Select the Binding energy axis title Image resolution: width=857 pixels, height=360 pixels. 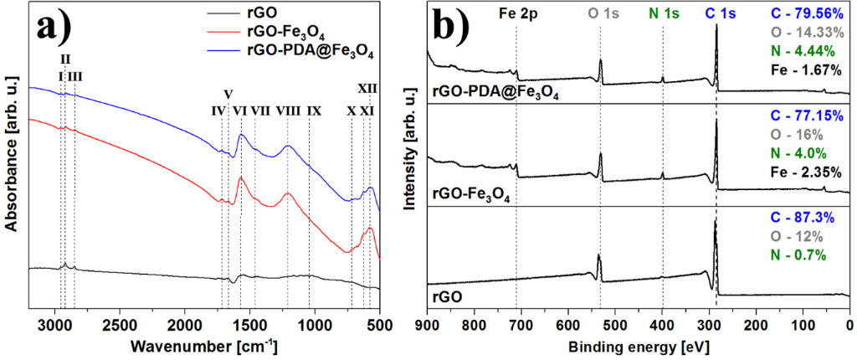(638, 347)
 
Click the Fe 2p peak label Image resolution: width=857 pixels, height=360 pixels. (516, 14)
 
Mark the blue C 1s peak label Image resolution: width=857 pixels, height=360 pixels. (716, 14)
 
